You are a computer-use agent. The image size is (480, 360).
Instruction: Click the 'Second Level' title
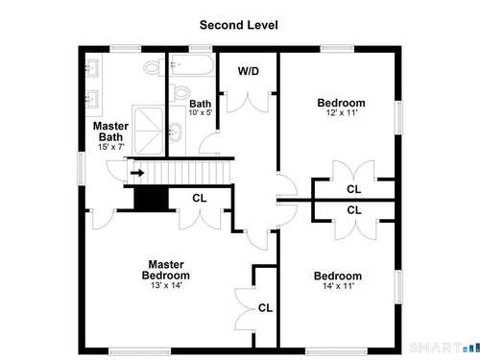(239, 25)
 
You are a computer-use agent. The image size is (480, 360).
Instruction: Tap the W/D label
(249, 71)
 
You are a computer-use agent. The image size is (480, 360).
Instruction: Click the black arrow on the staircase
(137, 173)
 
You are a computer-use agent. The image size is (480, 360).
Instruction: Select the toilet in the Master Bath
(154, 67)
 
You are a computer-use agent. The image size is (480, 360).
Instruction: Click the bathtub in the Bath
(192, 65)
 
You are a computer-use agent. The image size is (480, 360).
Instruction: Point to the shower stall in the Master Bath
(149, 131)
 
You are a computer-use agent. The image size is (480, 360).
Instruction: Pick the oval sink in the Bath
(175, 132)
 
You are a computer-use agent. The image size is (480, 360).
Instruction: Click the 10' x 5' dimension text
(201, 112)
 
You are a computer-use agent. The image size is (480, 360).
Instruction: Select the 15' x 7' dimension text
(111, 147)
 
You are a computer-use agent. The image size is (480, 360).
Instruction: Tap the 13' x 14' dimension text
(166, 285)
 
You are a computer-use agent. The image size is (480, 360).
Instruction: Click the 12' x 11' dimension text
(342, 112)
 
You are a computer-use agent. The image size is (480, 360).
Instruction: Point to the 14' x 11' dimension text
(338, 286)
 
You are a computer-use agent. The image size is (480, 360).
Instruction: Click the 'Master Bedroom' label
(166, 270)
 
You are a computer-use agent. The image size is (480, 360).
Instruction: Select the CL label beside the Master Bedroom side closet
(265, 308)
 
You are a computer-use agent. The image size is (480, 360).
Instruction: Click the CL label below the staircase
(200, 198)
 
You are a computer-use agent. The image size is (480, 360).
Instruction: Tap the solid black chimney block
(151, 199)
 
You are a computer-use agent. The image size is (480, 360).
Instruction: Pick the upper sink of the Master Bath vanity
(93, 68)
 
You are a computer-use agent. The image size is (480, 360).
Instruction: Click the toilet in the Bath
(179, 92)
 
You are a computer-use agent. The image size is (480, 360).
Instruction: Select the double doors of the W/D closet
(248, 103)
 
